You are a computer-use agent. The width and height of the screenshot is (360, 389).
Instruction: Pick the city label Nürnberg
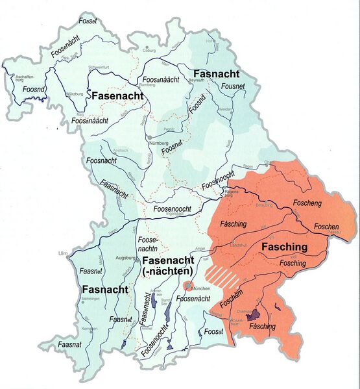pos(159,142)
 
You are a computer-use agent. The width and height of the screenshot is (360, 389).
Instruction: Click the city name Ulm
pos(62,253)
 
